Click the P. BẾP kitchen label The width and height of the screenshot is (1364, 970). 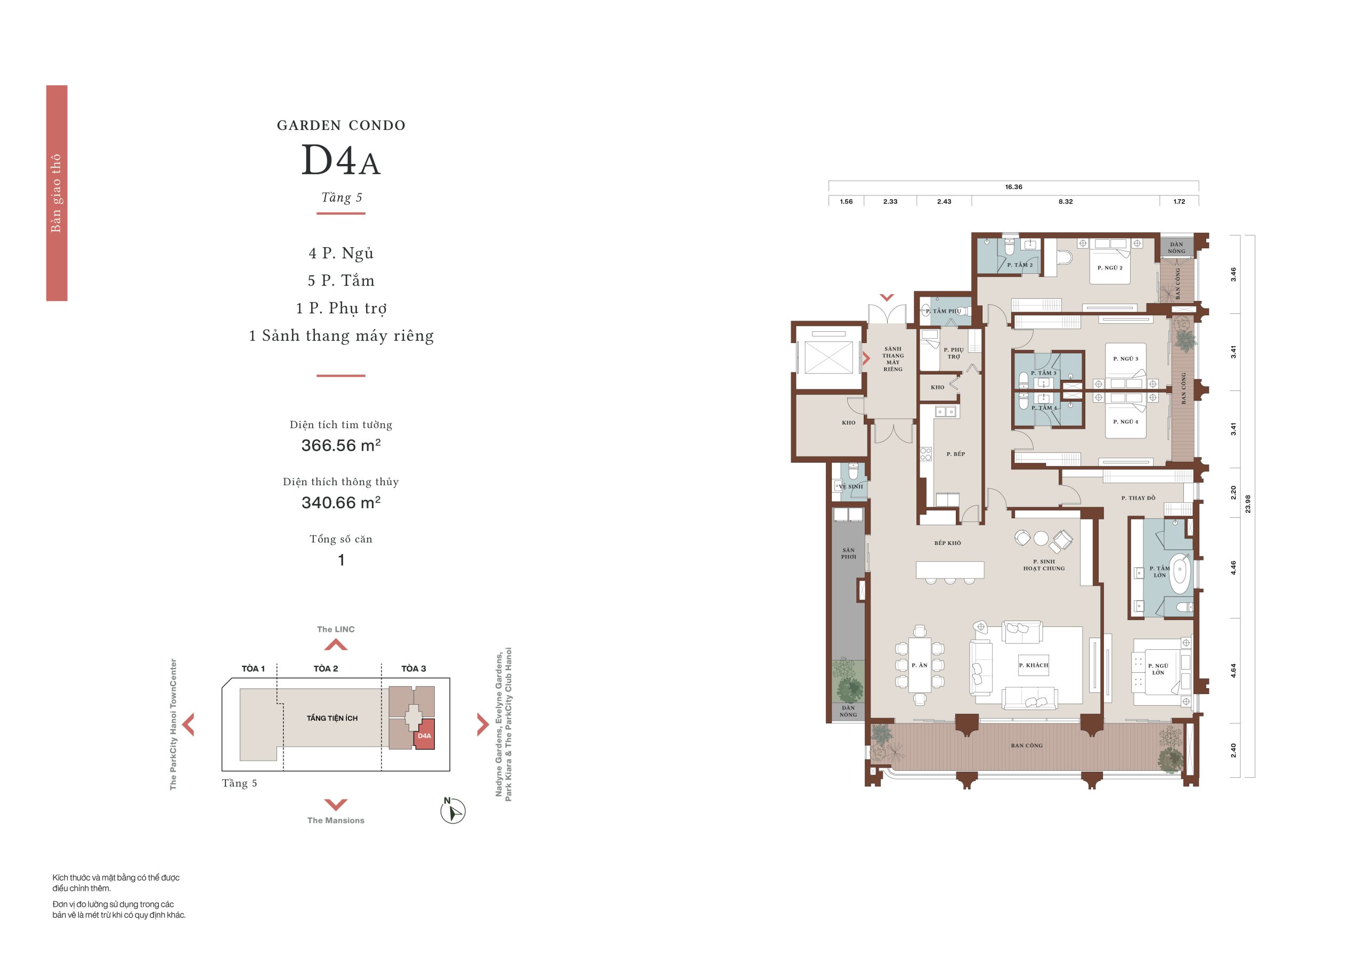click(x=955, y=454)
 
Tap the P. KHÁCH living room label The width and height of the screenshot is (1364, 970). click(x=1034, y=665)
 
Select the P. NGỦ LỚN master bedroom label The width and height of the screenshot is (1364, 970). click(x=1158, y=669)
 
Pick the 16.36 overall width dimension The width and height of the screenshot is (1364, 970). click(x=1013, y=187)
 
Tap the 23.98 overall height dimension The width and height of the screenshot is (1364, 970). click(x=1247, y=504)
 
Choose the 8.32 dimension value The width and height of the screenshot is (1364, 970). click(x=1065, y=202)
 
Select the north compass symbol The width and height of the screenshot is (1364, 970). click(x=452, y=811)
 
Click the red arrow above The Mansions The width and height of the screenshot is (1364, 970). click(x=336, y=804)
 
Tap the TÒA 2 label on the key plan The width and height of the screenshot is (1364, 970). click(x=326, y=669)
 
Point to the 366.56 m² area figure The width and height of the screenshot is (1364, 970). click(x=341, y=445)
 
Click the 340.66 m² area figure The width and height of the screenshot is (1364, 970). click(x=341, y=502)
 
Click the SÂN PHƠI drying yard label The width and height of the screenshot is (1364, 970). click(x=848, y=553)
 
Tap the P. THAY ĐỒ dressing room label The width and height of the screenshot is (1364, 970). click(x=1138, y=498)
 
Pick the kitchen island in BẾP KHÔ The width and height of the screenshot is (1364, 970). click(x=950, y=570)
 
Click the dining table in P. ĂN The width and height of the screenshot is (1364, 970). click(x=920, y=665)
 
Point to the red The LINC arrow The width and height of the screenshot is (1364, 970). click(x=336, y=645)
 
